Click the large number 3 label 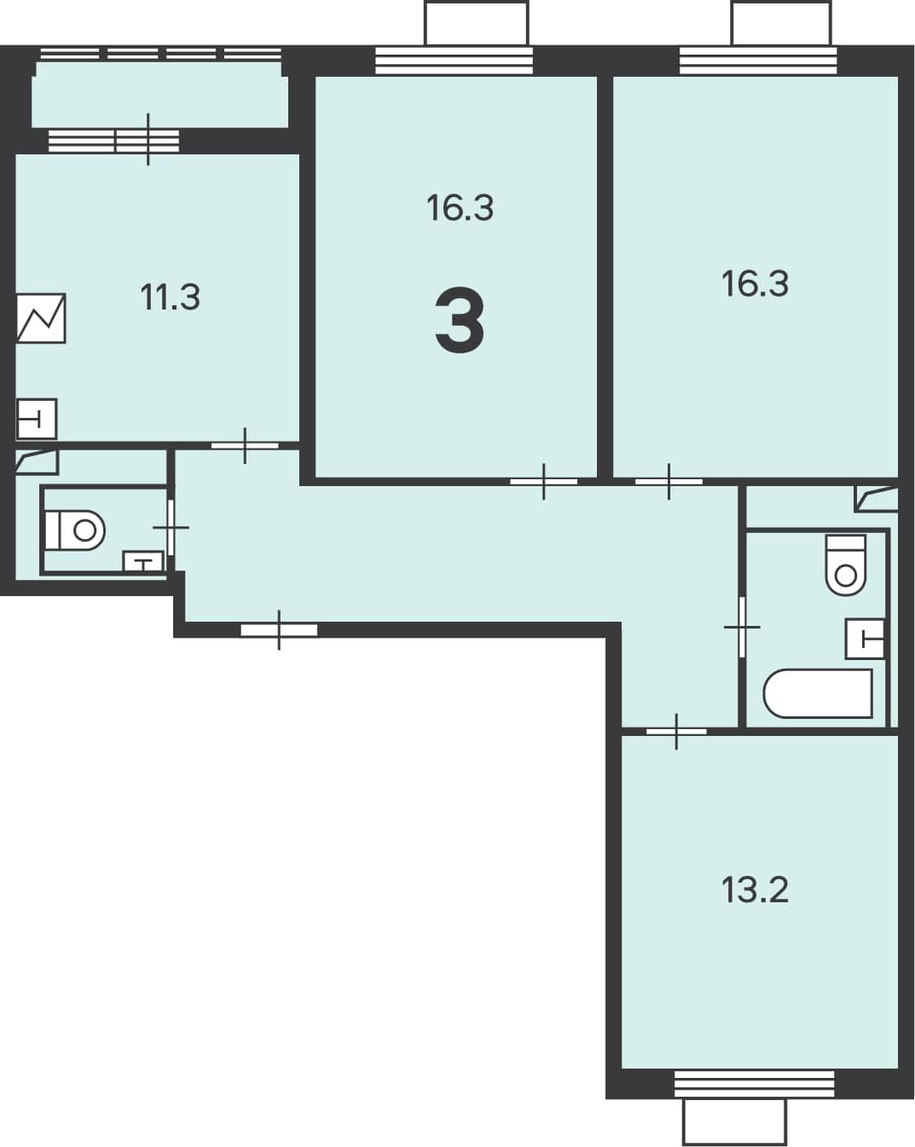460,320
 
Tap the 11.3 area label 171,298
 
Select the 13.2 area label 756,889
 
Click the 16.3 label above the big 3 460,208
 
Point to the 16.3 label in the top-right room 756,283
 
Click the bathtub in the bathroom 818,693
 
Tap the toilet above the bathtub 846,565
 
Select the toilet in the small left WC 74,530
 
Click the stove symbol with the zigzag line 41,318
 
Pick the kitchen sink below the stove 36,419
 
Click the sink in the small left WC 142,562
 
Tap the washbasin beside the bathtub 866,639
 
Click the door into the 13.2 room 676,732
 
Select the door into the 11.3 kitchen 245,445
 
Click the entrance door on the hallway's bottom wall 279,630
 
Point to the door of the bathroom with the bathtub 742,628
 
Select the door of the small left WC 171,528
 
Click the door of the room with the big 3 543,482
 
